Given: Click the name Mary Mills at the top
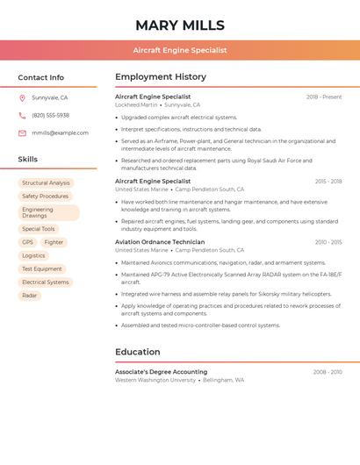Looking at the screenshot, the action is coord(180,25).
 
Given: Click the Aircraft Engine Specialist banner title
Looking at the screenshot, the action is coord(180,50).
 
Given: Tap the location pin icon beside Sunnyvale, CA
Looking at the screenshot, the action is coord(22,97).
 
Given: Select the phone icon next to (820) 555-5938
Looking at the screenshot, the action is coord(22,115).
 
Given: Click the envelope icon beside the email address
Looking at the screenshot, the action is coord(22,132).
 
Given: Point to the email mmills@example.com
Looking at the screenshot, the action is coord(60,132).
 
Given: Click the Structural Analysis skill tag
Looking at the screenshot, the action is coord(46,183).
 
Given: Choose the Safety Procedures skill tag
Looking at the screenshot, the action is coord(45,197).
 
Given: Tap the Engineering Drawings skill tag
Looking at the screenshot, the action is coord(48,212).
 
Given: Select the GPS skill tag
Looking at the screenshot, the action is coord(28,242).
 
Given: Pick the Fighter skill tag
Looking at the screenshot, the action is coord(54,242).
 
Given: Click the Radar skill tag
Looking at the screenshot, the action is coord(30,296).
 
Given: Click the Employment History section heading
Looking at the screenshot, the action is coord(161,76).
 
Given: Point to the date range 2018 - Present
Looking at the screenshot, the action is coord(324,97).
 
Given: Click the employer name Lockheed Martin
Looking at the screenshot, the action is coord(136,104).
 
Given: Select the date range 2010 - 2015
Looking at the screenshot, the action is coord(328,241).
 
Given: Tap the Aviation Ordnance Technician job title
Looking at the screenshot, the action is coord(160,241).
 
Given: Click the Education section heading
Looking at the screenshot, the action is coord(138,352).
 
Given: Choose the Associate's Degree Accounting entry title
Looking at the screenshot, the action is coord(161,372).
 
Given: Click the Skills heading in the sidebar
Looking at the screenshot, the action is coord(28,159).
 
